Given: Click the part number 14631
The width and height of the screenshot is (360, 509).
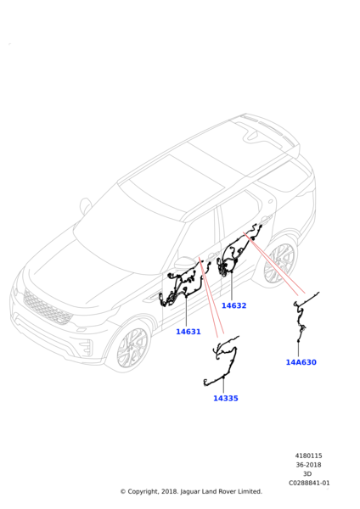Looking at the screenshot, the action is tap(188, 332).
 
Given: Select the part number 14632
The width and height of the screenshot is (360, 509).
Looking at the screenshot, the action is tap(234, 305).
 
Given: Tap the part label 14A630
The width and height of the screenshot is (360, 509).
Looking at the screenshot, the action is tap(301, 362).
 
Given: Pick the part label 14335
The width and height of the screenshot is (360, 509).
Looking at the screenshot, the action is tap(226, 399).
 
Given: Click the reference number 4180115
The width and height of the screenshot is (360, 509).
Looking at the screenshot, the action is tap(309, 456).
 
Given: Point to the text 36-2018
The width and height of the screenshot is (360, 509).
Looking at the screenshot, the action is tap(309, 465).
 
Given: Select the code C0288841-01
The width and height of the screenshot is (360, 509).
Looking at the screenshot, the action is tap(309, 483).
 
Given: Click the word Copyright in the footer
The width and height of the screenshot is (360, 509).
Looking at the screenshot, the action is tap(143, 492).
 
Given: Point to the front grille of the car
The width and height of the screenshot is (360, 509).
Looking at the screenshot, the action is tap(47, 307).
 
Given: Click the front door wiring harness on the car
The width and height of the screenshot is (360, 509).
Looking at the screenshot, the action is tap(183, 286).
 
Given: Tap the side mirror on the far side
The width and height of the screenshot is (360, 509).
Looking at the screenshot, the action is tap(86, 205).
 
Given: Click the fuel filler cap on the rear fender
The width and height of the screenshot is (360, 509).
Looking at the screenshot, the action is tap(271, 201).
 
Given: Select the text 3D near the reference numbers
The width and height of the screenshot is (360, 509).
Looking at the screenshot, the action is tap(307, 474).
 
